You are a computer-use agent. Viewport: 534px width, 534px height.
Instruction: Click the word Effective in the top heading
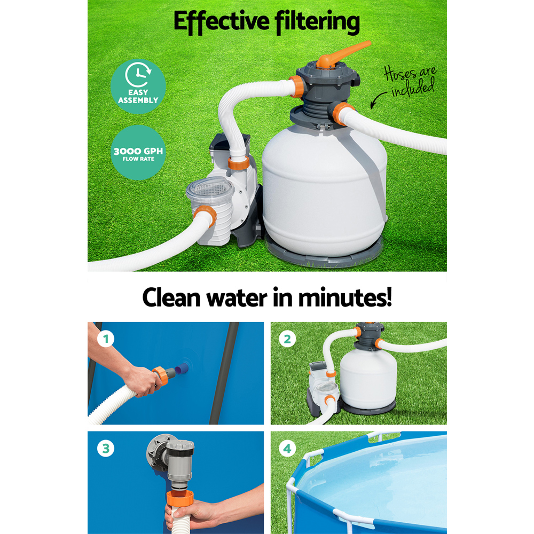coord(222,21)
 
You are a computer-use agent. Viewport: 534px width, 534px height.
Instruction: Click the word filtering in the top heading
coord(317,21)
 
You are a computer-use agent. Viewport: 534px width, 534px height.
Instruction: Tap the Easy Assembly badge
coord(138,86)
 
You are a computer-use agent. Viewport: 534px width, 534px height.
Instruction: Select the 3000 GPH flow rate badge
coord(138,152)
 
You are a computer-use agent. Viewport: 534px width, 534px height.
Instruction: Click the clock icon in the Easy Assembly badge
coord(138,75)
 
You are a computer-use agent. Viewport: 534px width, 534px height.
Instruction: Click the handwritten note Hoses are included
coord(410,81)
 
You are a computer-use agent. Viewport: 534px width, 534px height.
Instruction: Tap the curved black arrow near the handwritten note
coord(378,100)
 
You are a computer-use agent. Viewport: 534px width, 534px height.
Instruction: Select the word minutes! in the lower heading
coord(344,298)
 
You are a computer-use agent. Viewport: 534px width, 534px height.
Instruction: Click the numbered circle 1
coord(106,339)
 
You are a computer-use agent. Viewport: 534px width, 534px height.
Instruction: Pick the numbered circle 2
coord(287,339)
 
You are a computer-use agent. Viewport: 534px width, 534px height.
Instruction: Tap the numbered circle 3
coord(106,449)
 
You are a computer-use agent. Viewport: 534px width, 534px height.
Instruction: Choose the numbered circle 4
coord(287,449)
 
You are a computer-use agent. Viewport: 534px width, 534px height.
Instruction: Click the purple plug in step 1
coord(182,369)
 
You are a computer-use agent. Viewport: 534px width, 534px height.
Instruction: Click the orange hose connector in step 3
coord(180,499)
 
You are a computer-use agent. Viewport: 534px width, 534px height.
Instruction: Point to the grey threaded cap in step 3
coord(180,446)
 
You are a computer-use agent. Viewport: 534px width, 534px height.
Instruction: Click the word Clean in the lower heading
coord(171,298)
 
